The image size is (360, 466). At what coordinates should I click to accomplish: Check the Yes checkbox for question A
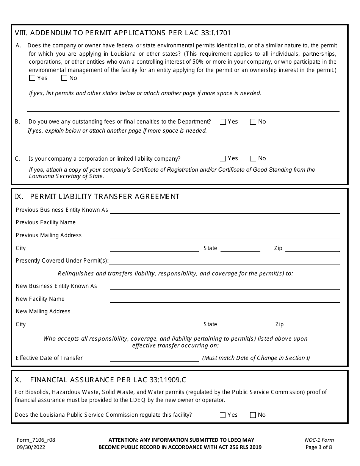32,78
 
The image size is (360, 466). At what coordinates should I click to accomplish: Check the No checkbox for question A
64,78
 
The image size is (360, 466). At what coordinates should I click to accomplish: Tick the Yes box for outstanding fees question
223,122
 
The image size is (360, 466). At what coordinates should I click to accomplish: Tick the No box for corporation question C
253,159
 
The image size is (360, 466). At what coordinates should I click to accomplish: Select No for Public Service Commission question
253,415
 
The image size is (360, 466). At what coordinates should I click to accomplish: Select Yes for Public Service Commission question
223,415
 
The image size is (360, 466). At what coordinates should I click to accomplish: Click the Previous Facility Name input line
224,223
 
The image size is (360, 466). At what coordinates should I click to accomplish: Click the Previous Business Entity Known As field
224,210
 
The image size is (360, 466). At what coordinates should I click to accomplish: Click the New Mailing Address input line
224,312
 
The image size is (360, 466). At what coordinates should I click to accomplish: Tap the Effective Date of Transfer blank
154,358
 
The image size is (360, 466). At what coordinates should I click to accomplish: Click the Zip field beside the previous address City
312,249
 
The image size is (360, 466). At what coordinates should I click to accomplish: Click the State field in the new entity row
240,325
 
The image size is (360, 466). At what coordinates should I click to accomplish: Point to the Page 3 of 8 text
319,447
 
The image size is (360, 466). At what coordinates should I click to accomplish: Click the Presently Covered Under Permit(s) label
62,261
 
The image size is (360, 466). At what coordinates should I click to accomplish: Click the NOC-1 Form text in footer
319,440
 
